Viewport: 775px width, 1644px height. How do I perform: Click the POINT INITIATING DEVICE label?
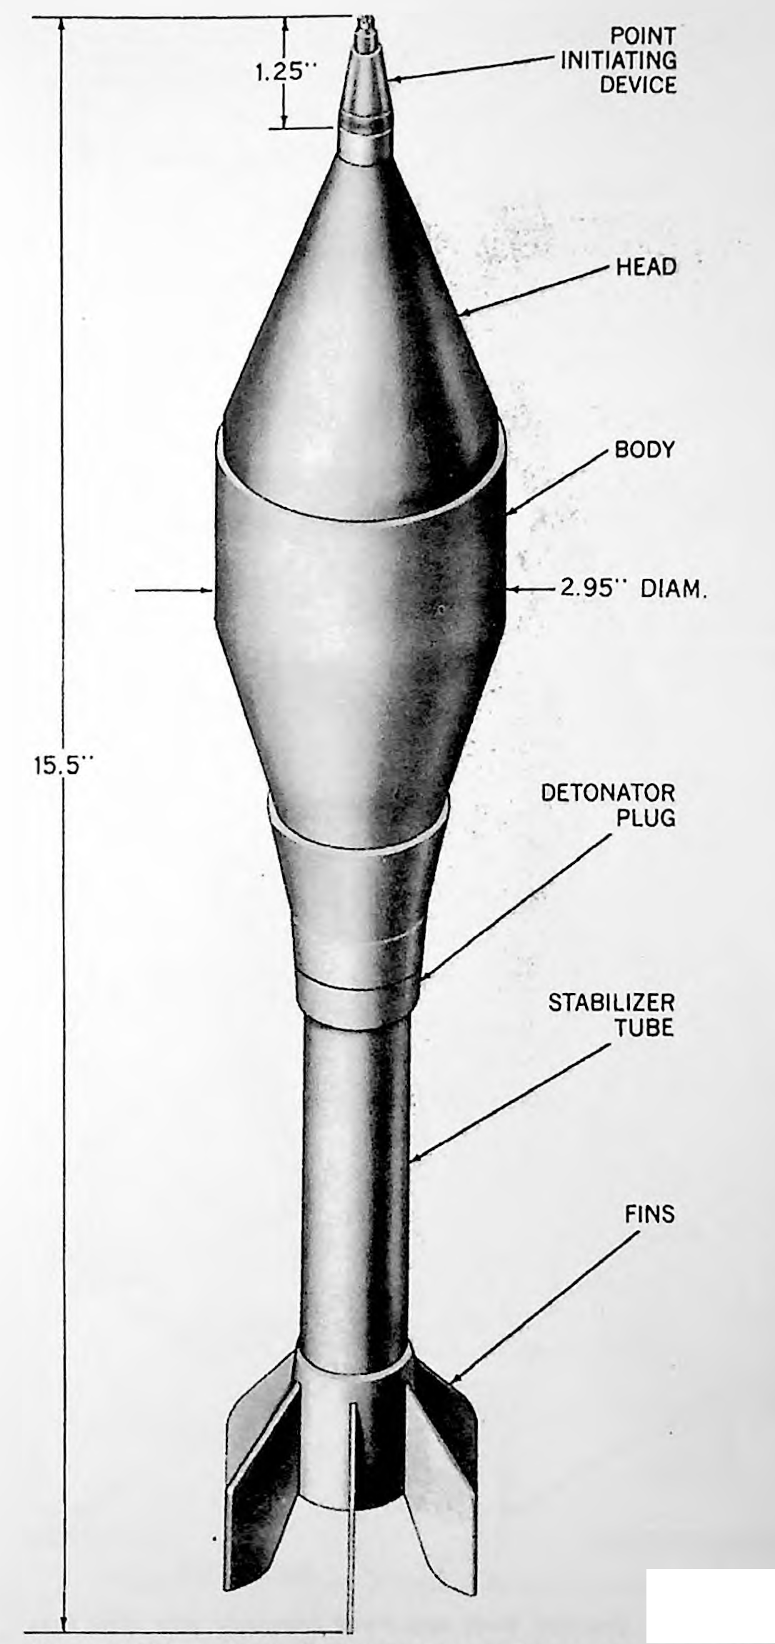click(619, 60)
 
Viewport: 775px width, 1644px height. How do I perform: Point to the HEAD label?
click(646, 267)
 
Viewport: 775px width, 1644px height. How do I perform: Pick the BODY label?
click(644, 450)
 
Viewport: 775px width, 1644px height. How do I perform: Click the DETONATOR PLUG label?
click(608, 804)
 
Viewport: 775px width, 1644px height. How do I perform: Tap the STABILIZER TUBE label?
click(611, 1014)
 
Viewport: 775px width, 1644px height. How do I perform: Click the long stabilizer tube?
click(356, 1178)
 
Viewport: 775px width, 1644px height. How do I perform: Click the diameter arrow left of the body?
click(174, 590)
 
